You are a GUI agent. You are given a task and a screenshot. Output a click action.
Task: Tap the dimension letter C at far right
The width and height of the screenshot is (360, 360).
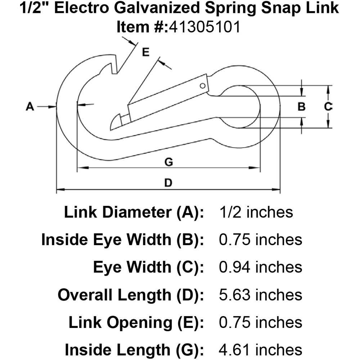[328, 107]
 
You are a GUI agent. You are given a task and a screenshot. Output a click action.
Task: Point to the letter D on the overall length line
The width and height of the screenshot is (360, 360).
[168, 183]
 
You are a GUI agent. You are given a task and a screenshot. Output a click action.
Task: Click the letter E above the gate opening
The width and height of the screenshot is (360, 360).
[145, 53]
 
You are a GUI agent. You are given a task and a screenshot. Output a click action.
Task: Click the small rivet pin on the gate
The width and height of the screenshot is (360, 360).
[203, 86]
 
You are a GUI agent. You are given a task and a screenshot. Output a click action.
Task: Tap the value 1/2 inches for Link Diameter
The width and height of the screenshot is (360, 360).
[256, 212]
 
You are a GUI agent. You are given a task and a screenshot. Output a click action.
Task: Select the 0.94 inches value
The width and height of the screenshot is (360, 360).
[261, 267]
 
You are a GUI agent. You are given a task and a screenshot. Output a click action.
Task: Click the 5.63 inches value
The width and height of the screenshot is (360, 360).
[261, 295]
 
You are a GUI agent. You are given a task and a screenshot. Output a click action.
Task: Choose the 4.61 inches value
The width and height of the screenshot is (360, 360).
[261, 350]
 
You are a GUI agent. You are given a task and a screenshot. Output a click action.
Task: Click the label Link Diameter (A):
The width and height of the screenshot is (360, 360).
[134, 212]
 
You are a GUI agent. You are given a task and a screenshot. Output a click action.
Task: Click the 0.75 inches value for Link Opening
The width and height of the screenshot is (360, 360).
[261, 322]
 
